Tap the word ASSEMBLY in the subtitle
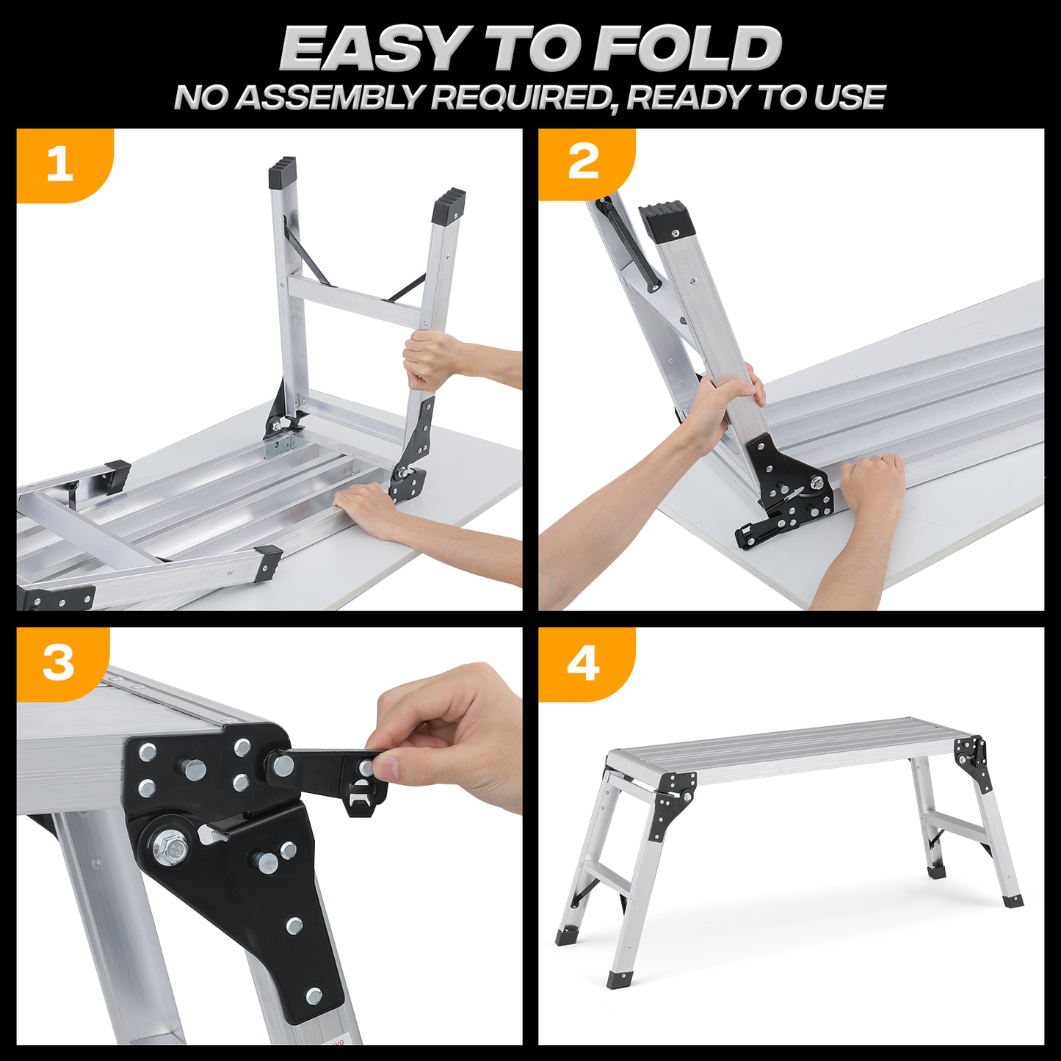pos(331,98)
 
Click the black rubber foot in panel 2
pos(667,220)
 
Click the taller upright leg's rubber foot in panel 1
pos(282,171)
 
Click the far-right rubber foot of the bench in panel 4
pos(1012,900)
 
